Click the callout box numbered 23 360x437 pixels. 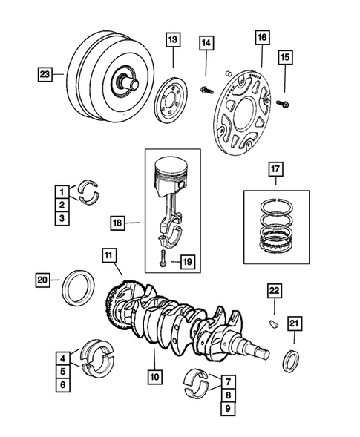(x=45, y=73)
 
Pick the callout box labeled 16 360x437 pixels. (x=261, y=36)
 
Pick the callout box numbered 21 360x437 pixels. (x=295, y=322)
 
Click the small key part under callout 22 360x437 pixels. (x=273, y=323)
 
